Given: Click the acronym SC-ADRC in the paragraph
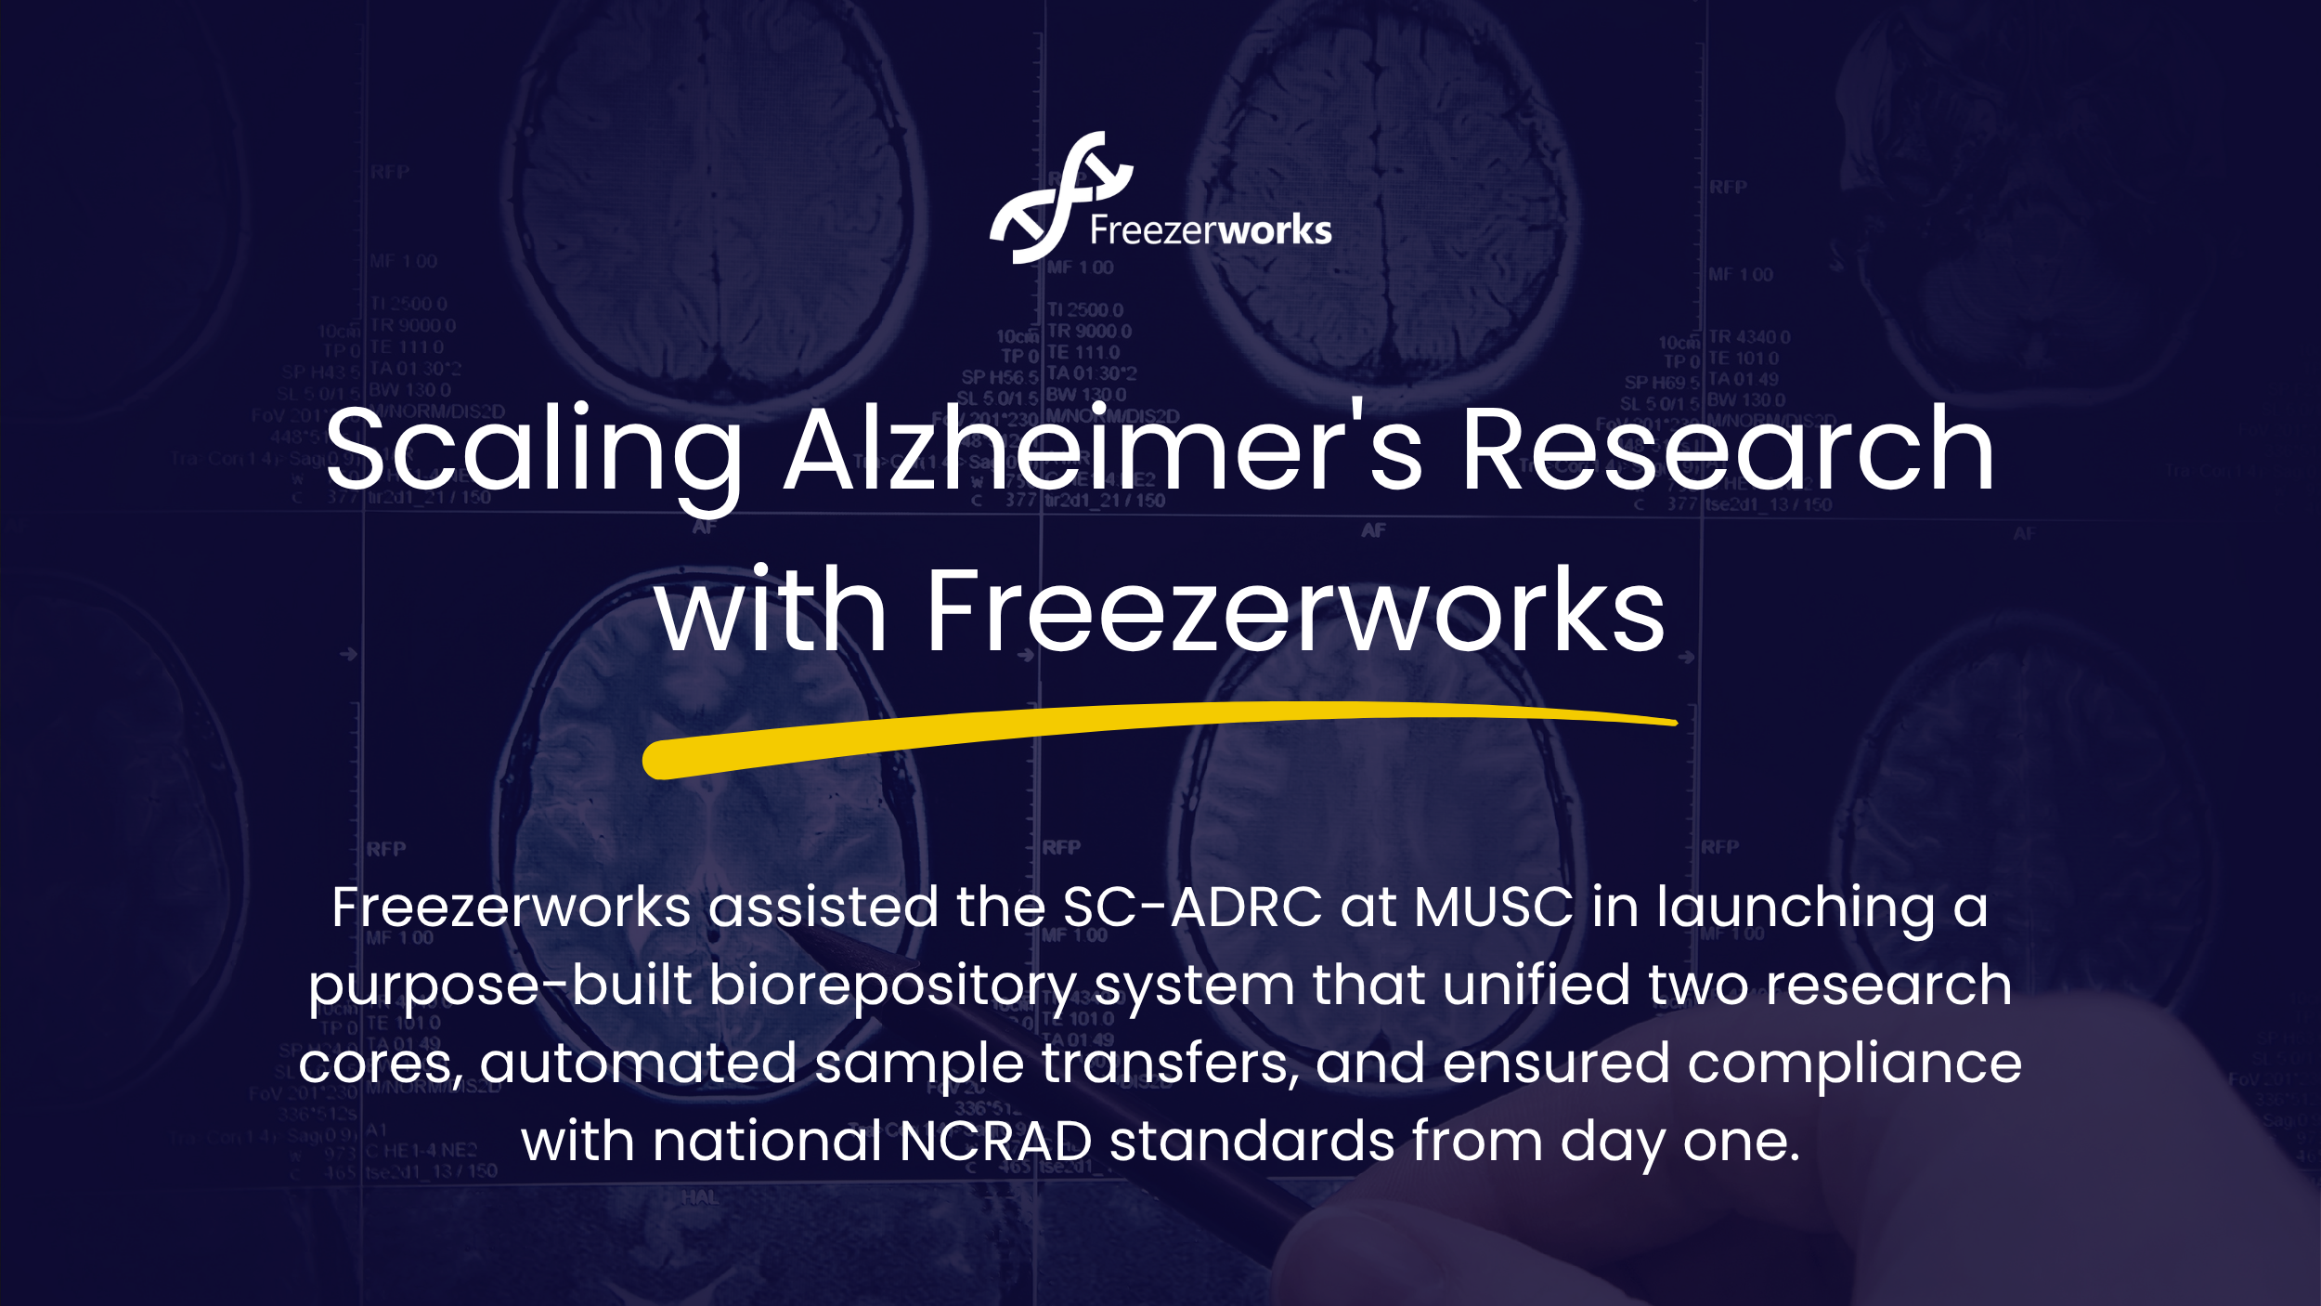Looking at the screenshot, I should coord(1192,907).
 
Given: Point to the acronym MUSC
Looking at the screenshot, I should coord(1494,907).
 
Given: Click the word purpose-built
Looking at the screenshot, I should coord(499,986).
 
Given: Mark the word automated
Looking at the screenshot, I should coord(638,1063).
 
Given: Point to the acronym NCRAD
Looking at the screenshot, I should coord(995,1141).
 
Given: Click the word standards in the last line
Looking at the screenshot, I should coord(1251,1141).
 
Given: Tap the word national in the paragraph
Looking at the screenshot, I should coord(767,1141).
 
